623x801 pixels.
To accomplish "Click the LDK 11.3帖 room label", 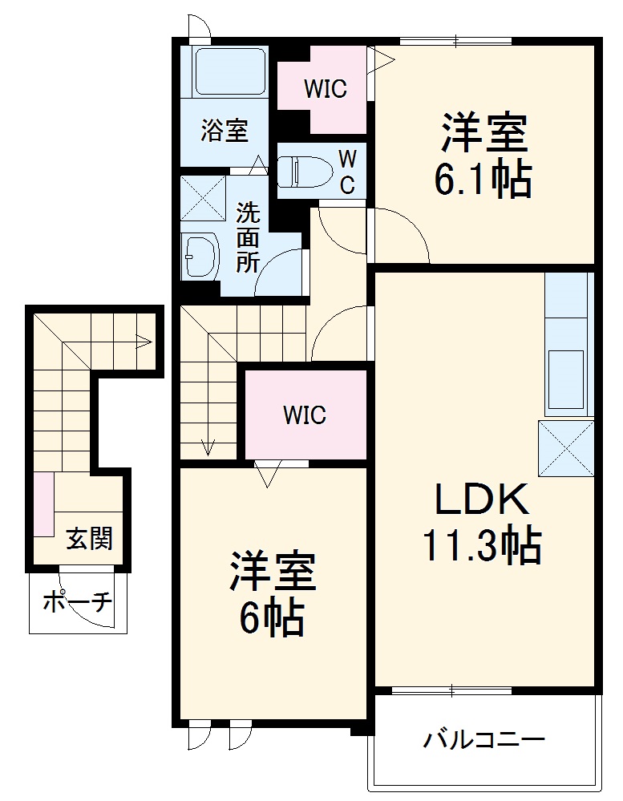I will (x=482, y=524).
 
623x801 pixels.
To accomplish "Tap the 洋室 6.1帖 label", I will (x=483, y=156).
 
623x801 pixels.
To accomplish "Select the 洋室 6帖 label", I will (x=273, y=593).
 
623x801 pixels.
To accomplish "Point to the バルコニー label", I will (x=485, y=738).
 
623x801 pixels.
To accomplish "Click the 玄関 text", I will (x=88, y=540).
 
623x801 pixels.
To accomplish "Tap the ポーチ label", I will (x=77, y=601).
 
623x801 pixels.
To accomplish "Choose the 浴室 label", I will (x=224, y=131).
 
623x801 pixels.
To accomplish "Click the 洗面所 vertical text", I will (x=248, y=238).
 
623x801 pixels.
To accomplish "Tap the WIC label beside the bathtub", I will (x=325, y=88).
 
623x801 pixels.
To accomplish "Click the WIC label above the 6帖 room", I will (x=304, y=415).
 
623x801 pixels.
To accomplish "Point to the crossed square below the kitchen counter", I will (x=566, y=447).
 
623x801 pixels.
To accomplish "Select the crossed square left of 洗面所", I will (x=203, y=196).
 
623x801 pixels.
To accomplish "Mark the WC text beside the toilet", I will (x=346, y=170).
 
